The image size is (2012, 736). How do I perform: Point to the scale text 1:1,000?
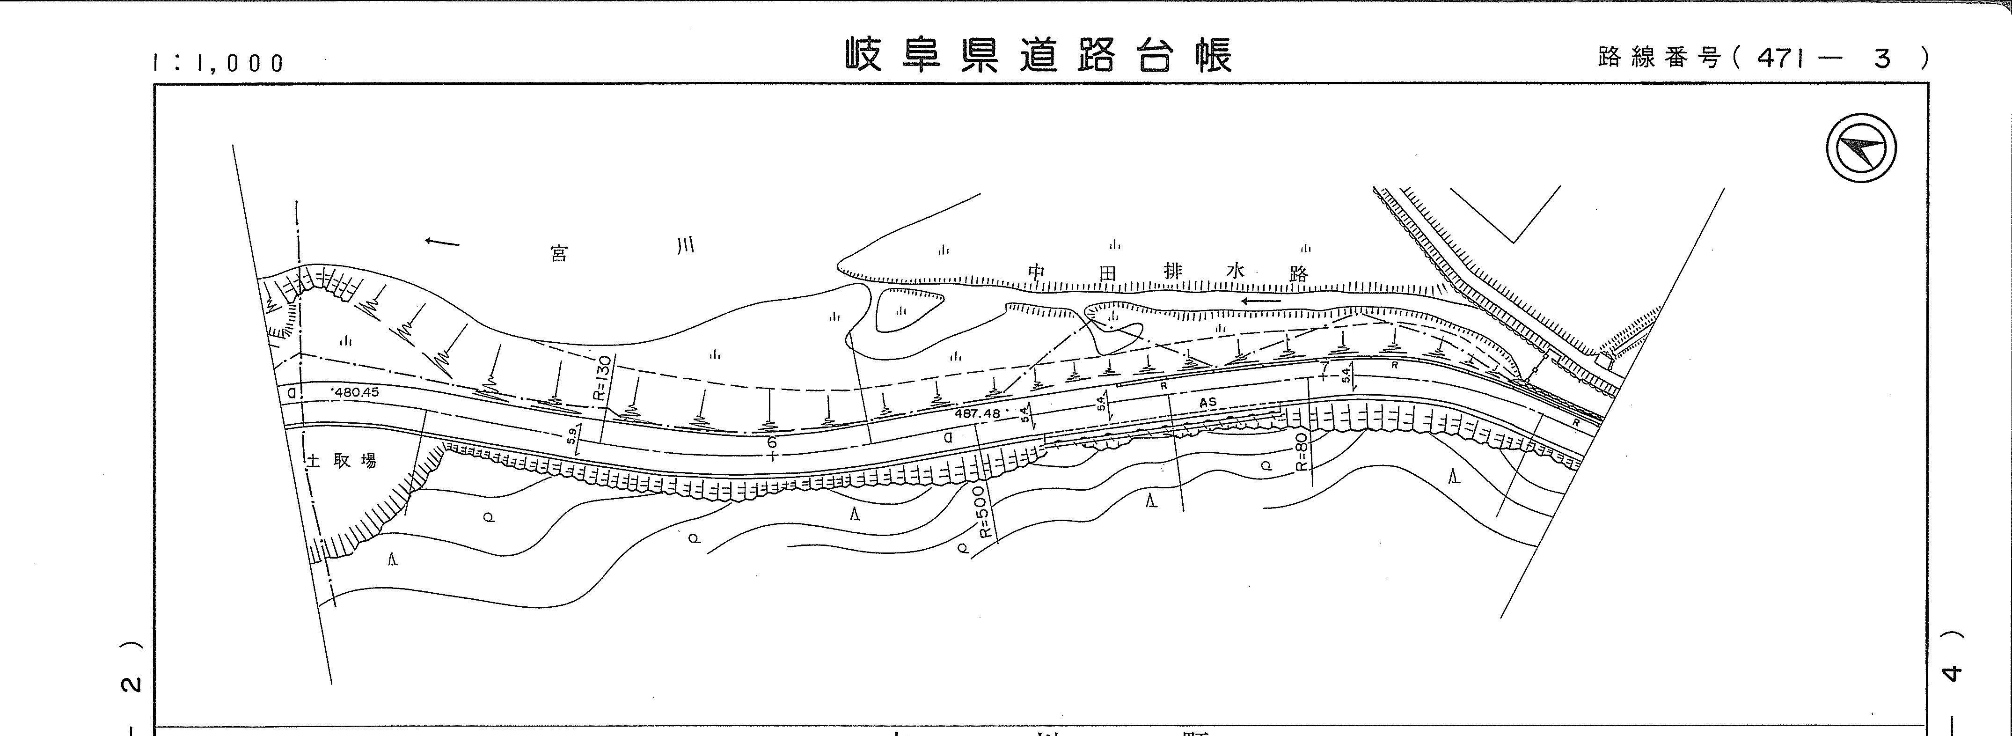pos(219,63)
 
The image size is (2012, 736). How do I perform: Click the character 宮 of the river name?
pos(558,254)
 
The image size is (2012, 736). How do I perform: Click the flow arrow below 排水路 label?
pos(1261,301)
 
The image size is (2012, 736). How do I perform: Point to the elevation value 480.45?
pos(355,392)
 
